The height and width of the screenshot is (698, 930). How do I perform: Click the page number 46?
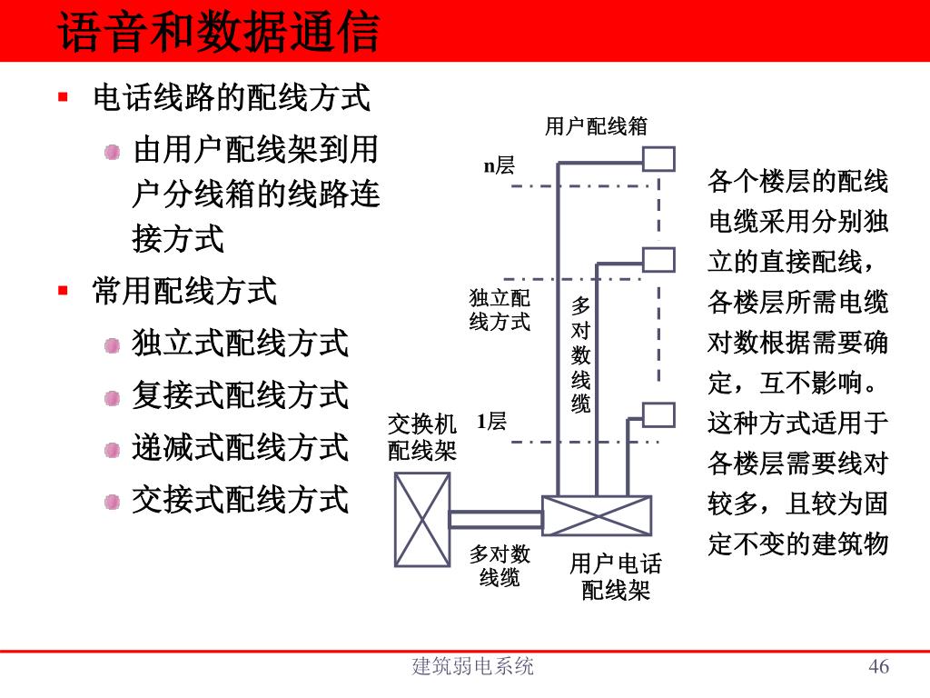click(x=878, y=667)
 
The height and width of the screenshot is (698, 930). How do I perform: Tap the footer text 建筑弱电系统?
click(x=472, y=667)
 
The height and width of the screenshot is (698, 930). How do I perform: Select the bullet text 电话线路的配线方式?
click(x=232, y=97)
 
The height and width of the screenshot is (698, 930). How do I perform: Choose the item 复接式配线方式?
click(x=240, y=395)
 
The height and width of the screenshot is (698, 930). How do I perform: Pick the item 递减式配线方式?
click(x=240, y=447)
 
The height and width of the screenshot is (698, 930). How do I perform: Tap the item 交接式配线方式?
click(x=240, y=499)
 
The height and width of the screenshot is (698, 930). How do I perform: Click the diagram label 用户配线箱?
click(x=596, y=126)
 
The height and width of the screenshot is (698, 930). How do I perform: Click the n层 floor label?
click(x=499, y=165)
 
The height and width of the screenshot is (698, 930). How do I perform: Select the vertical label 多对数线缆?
click(x=581, y=354)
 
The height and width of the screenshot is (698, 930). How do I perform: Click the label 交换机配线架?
click(x=421, y=437)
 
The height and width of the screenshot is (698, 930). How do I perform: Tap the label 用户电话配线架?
click(x=616, y=577)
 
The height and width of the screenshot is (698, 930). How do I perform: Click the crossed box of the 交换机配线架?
click(x=422, y=519)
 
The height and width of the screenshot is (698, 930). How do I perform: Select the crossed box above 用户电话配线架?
click(x=597, y=515)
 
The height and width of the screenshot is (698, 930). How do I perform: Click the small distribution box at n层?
click(x=659, y=160)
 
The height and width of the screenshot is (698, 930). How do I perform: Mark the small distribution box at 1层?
click(x=658, y=414)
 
